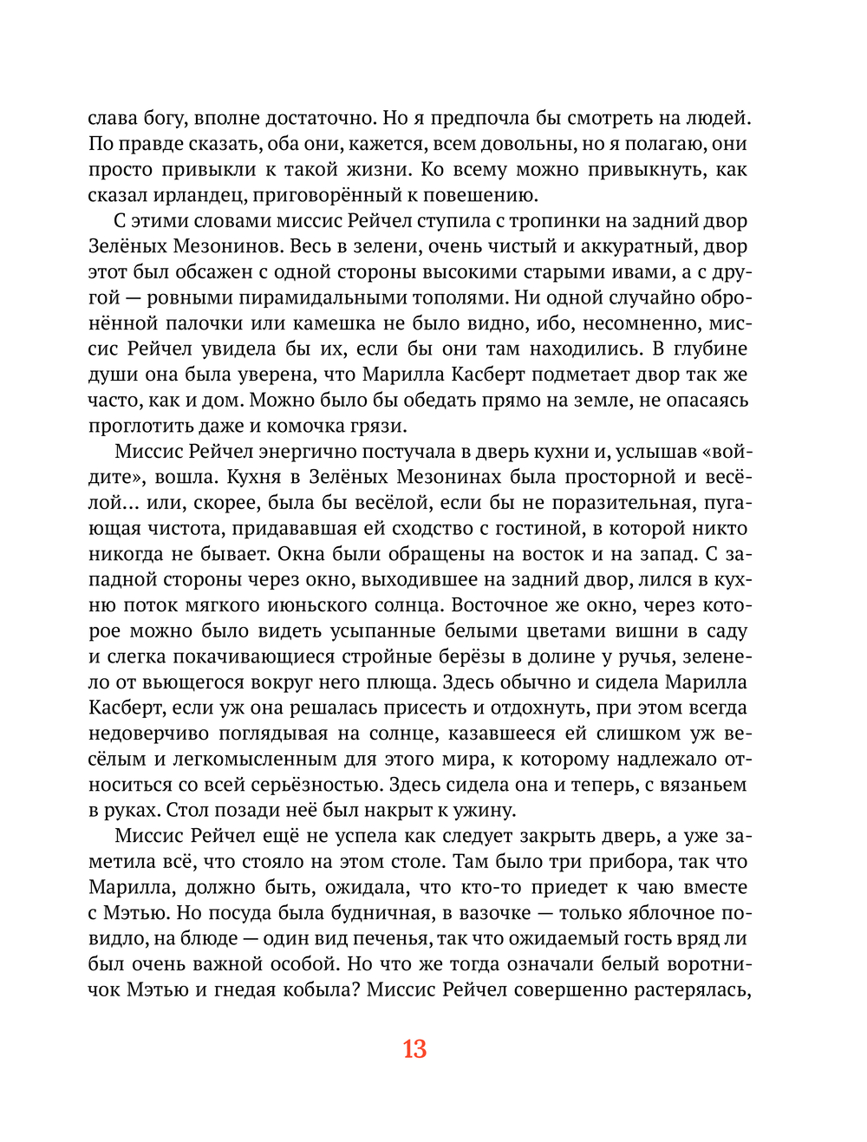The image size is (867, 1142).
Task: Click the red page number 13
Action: click(x=414, y=1048)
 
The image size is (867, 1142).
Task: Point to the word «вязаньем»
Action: click(x=702, y=785)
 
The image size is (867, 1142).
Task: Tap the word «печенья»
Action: click(x=391, y=939)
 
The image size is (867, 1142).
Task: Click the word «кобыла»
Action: click(x=316, y=990)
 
